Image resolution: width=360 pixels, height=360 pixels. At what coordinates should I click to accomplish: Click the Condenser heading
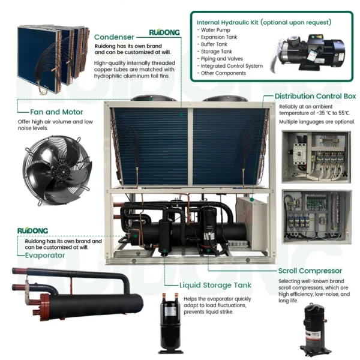pos(114,37)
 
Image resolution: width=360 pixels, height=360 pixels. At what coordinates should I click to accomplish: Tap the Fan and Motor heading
pos(56,112)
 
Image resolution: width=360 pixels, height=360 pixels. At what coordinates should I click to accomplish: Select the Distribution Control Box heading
pos(315,96)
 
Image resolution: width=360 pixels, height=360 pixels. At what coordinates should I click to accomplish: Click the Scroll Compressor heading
pos(310,271)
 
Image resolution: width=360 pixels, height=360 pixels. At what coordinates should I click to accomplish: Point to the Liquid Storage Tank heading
pos(215,285)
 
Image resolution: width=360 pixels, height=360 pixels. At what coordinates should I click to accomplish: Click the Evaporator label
pos(45,256)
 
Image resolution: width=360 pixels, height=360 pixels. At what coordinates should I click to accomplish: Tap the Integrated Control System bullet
pos(230,66)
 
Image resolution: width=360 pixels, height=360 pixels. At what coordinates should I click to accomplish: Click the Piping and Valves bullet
pos(220,59)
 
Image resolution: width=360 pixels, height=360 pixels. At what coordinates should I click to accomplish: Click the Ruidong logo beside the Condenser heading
pos(164,32)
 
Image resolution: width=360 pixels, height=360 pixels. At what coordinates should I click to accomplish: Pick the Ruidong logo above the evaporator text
pos(32,230)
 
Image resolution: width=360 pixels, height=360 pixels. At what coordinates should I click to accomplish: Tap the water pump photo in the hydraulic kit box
pos(308,53)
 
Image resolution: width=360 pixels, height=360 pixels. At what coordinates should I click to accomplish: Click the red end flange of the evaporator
pos(45,307)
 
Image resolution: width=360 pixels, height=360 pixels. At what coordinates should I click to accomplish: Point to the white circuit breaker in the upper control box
pos(299,154)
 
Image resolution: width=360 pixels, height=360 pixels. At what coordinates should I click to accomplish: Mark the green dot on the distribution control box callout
pos(252,200)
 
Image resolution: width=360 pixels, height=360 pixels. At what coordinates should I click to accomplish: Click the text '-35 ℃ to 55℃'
pos(333,113)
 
